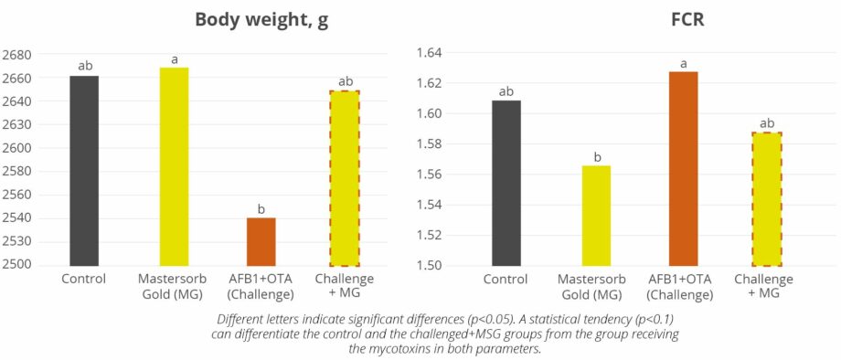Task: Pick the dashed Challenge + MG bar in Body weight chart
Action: pyautogui.click(x=345, y=178)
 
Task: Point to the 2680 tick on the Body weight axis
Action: pyautogui.click(x=16, y=55)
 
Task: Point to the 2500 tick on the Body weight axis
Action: pyautogui.click(x=16, y=265)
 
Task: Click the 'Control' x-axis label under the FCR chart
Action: pyautogui.click(x=506, y=279)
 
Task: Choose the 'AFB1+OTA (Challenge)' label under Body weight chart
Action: pyautogui.click(x=261, y=286)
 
